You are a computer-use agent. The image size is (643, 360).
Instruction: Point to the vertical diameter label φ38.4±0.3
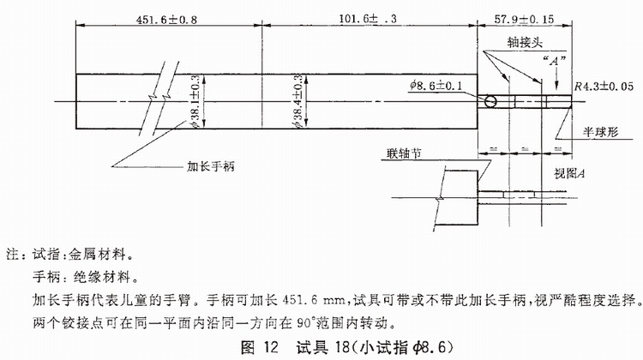pyautogui.click(x=297, y=102)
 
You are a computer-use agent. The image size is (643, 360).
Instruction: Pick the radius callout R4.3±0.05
pyautogui.click(x=600, y=85)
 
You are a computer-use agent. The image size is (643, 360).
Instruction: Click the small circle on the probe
pyautogui.click(x=490, y=101)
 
